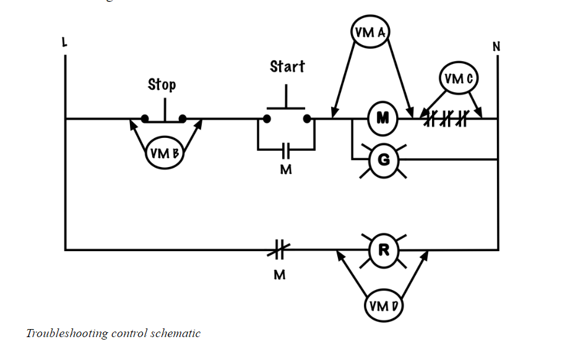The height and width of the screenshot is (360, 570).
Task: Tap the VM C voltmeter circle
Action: coord(459,79)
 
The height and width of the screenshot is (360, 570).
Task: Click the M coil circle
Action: coord(383,118)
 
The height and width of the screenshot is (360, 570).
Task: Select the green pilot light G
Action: coord(383,160)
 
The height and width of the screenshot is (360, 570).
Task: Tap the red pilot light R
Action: coord(384,250)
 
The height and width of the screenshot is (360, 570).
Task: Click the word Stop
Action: coord(162,84)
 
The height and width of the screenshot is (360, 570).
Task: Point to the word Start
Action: coord(287,66)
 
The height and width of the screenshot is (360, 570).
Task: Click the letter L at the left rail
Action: coord(64,43)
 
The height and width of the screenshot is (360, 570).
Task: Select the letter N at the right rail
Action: coord(496,46)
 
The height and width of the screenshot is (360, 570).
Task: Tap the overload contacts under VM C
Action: coord(444,119)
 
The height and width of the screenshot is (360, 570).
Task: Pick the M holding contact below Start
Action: coord(286,149)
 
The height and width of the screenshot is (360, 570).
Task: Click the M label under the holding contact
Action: coord(285,169)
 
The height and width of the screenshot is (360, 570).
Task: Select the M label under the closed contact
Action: coord(280,275)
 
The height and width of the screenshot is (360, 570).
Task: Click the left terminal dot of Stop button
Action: coord(144,118)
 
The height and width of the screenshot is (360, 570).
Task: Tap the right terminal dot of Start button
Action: coord(307,118)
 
